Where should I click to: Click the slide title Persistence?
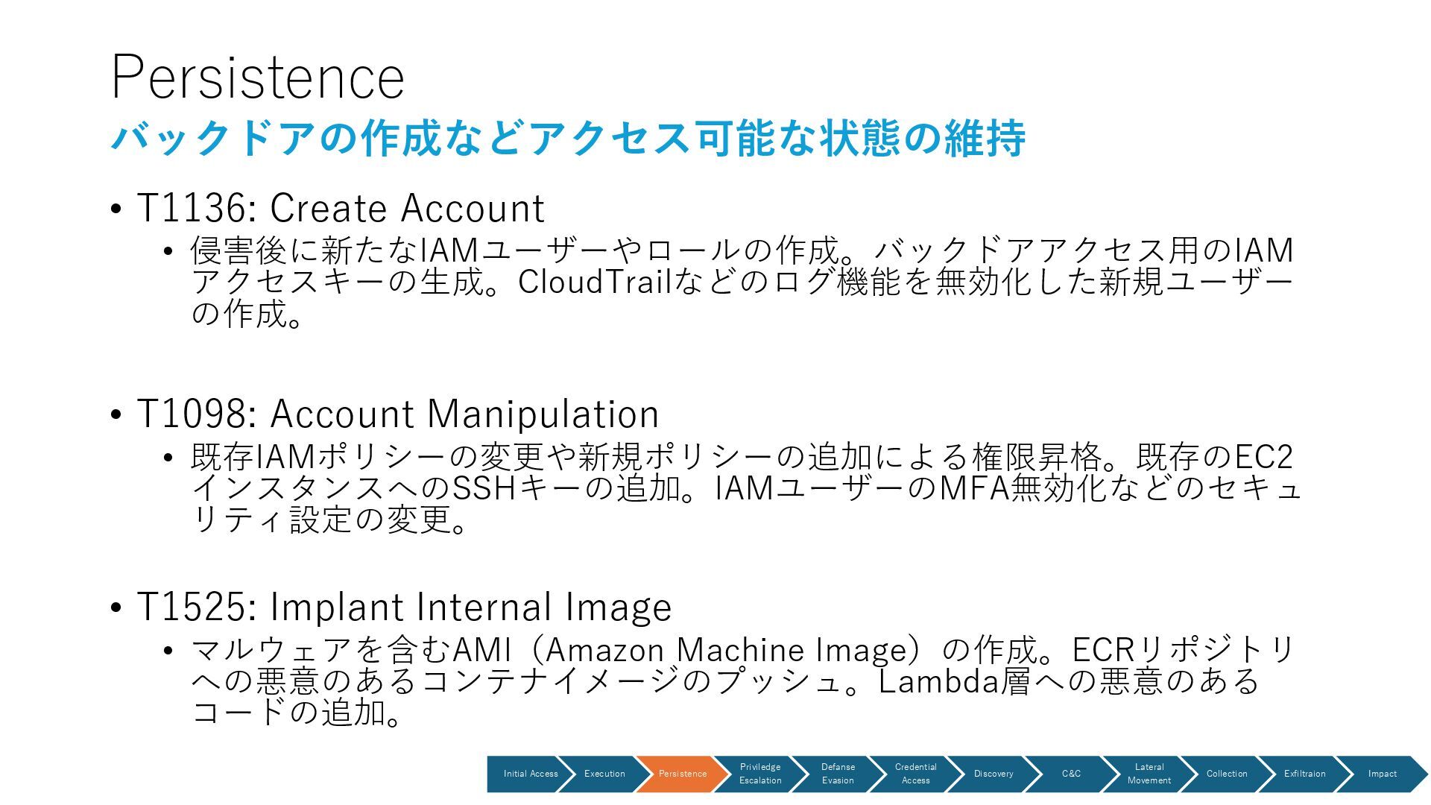(x=257, y=78)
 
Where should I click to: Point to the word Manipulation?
(x=543, y=414)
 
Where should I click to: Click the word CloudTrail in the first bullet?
(x=595, y=282)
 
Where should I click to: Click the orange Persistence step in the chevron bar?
(x=682, y=774)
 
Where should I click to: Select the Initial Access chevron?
(x=530, y=774)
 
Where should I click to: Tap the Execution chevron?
(x=604, y=774)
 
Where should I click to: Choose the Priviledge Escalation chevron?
(x=760, y=774)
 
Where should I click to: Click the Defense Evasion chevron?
(x=838, y=774)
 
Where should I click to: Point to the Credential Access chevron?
(x=915, y=774)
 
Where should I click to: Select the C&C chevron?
(x=1071, y=774)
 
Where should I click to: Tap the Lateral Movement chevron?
(x=1149, y=774)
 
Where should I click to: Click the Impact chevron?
(x=1382, y=774)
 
